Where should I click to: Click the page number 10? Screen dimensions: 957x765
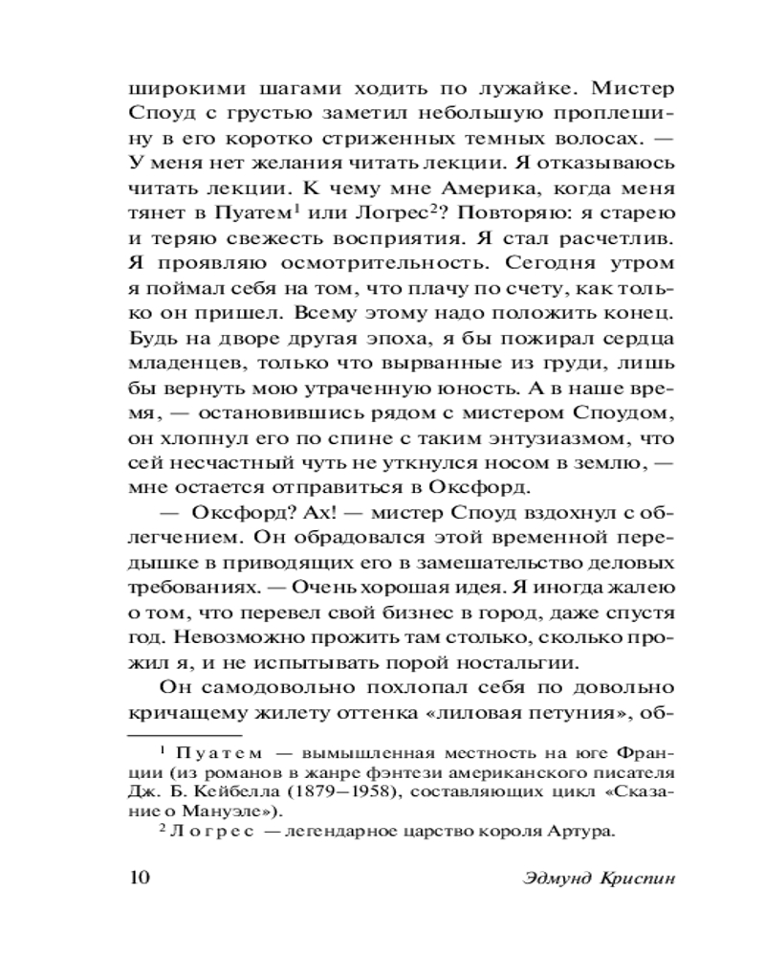coord(141,878)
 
